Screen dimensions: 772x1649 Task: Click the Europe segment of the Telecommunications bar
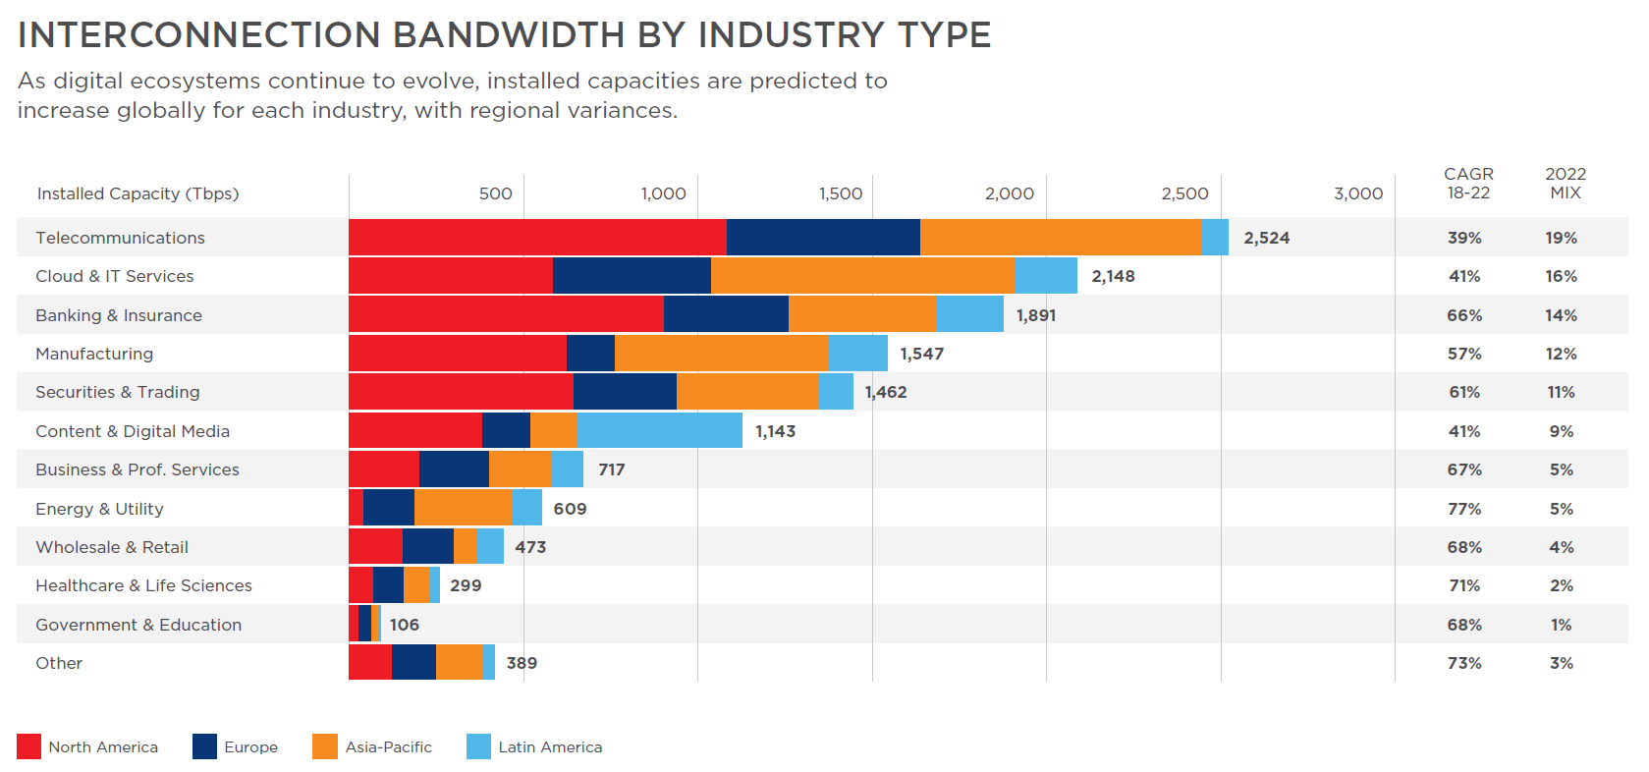click(x=823, y=238)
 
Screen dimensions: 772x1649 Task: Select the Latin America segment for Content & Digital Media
click(x=659, y=430)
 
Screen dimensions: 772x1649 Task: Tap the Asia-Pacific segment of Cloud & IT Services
click(x=862, y=276)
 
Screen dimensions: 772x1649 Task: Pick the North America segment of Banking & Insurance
click(x=506, y=314)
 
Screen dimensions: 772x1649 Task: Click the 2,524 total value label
click(x=1266, y=238)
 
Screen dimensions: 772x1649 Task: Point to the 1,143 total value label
click(x=775, y=431)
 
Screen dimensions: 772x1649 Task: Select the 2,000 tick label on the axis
click(x=1009, y=193)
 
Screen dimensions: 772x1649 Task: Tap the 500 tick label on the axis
click(x=495, y=193)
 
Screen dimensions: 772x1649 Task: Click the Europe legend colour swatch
click(x=204, y=746)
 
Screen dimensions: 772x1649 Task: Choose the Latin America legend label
click(x=550, y=747)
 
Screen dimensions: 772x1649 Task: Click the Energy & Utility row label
click(x=99, y=509)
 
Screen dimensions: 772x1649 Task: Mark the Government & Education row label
click(x=138, y=625)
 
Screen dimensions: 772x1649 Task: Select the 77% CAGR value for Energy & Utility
click(x=1463, y=509)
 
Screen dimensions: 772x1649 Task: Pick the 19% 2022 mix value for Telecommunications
click(x=1561, y=238)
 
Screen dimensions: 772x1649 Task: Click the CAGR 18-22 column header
click(x=1468, y=184)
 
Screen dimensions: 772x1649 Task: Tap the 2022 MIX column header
click(x=1565, y=184)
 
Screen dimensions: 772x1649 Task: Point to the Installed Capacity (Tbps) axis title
click(x=137, y=193)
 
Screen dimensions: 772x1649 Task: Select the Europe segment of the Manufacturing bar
click(x=590, y=354)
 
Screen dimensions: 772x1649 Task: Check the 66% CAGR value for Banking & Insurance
click(x=1463, y=315)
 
